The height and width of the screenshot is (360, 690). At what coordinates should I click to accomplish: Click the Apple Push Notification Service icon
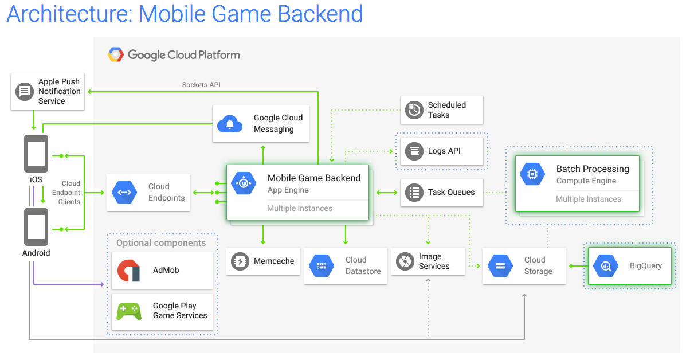pos(25,91)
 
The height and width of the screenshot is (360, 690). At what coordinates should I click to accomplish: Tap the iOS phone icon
pos(36,153)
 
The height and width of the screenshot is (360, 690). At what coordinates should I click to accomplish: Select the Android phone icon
pos(36,226)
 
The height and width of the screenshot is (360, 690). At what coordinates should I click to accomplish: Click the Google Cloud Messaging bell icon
pos(230,124)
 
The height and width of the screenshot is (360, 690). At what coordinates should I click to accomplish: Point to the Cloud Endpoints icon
pos(124,193)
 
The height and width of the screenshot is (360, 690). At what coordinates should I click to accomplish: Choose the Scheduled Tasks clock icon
pos(414,110)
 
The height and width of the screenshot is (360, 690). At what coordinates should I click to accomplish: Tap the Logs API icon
pos(414,151)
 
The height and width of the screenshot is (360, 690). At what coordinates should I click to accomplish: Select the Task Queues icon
pos(414,193)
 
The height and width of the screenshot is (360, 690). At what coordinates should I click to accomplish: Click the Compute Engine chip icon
pos(532,174)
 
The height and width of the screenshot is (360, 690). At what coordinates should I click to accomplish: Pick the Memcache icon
pos(240,261)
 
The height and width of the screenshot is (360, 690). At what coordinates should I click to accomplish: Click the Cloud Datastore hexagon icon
pos(322,266)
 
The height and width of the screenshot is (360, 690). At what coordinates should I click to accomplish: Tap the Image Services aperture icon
pos(405,261)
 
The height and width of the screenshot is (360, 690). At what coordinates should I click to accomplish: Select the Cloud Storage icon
pos(500,266)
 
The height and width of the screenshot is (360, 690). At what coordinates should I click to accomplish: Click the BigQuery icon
pos(606,266)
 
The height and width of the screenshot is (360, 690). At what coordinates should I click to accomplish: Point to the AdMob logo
pos(129,271)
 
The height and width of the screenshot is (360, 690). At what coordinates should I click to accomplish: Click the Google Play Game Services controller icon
pos(129,311)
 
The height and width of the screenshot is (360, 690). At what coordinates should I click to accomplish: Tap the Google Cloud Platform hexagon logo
pos(116,55)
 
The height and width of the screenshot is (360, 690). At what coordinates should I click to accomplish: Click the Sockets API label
pos(201,85)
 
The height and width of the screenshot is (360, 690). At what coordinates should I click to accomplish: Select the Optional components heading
pos(161,243)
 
